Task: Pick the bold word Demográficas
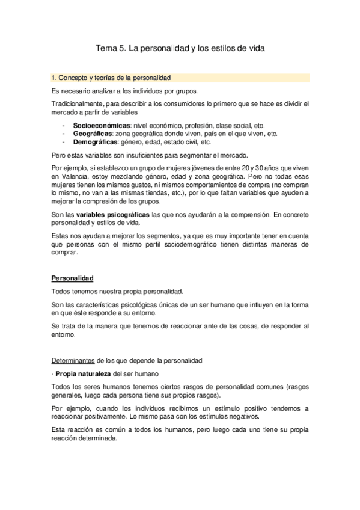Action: pos(96,143)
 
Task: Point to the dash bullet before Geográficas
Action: pos(64,134)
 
